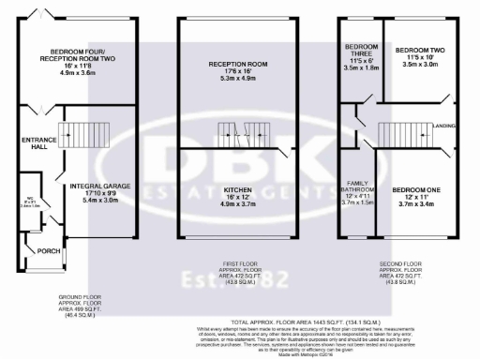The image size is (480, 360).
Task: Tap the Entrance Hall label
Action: [34, 145]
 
